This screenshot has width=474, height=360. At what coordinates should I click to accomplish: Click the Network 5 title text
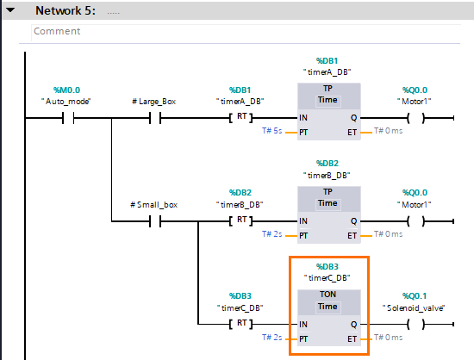click(65, 9)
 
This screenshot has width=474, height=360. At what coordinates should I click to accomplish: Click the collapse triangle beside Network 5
click(11, 9)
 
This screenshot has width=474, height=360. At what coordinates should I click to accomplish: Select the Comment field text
click(57, 31)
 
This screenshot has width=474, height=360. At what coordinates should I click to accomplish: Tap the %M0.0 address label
click(67, 90)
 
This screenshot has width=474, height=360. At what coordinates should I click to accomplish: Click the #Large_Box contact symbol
click(154, 119)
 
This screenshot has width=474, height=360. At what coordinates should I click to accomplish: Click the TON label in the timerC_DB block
click(327, 294)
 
